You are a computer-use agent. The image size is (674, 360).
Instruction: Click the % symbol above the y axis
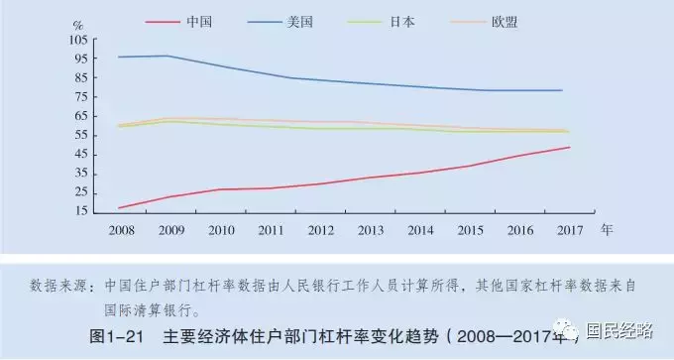point(78,20)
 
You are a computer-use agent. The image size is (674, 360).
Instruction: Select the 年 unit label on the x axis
point(607,229)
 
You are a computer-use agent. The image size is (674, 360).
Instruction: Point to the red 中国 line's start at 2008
point(119,208)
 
